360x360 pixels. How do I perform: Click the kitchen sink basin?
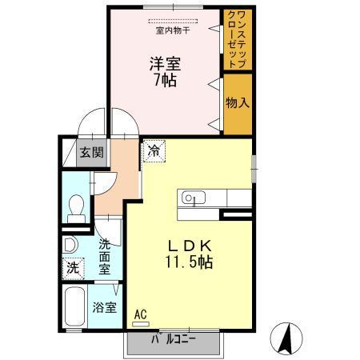click(x=194, y=197)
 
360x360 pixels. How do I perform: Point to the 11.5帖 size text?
click(x=190, y=263)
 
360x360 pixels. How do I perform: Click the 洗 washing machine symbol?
click(x=73, y=268)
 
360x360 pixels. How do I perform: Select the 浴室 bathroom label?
click(x=103, y=306)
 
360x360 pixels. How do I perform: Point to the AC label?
click(x=141, y=314)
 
